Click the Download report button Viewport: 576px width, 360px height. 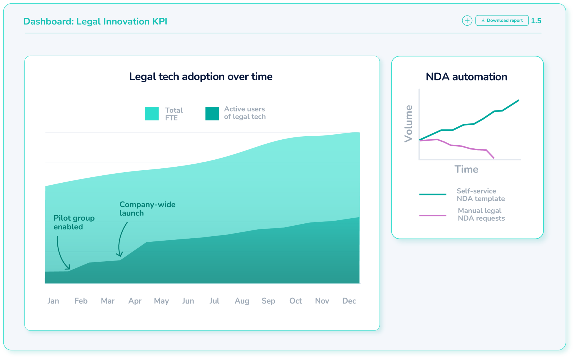pyautogui.click(x=502, y=21)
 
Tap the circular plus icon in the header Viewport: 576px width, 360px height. pyautogui.click(x=467, y=21)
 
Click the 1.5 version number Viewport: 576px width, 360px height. pyautogui.click(x=536, y=21)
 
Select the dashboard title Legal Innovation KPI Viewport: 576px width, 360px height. pyautogui.click(x=95, y=21)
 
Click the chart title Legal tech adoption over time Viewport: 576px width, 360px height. pyautogui.click(x=201, y=76)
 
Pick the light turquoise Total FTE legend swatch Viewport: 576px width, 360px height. pyautogui.click(x=152, y=114)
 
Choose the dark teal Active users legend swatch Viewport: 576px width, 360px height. pyautogui.click(x=212, y=114)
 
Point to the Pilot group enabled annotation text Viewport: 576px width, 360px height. pyautogui.click(x=74, y=222)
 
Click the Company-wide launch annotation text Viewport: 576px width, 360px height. pyautogui.click(x=147, y=209)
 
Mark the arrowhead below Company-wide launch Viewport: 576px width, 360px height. pyautogui.click(x=120, y=255)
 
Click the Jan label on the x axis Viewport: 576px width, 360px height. pyautogui.click(x=53, y=301)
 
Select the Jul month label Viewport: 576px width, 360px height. pyautogui.click(x=214, y=301)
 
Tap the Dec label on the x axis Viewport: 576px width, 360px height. pyautogui.click(x=349, y=301)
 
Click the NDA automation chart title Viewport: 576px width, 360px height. pyautogui.click(x=466, y=77)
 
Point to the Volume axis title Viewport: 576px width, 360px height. pyautogui.click(x=408, y=124)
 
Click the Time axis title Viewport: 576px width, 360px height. pyautogui.click(x=466, y=169)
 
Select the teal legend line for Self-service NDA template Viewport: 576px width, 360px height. pyautogui.click(x=433, y=194)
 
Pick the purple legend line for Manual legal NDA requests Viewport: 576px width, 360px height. pyautogui.click(x=433, y=216)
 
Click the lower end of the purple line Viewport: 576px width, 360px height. pyautogui.click(x=494, y=158)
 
